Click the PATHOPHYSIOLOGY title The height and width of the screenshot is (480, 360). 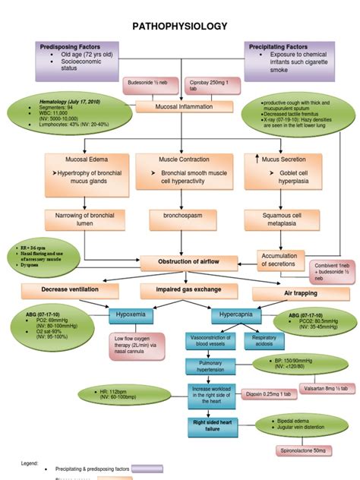coord(180,27)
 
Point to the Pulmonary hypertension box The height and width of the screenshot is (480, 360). coord(209,368)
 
